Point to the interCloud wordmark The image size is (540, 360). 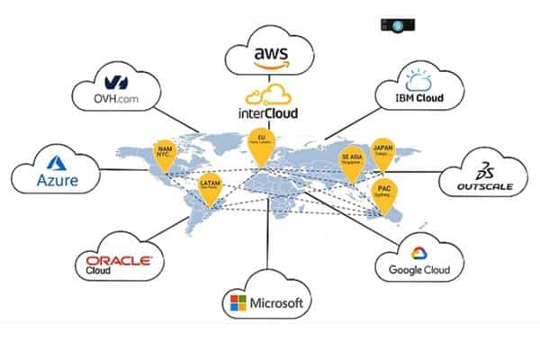268,114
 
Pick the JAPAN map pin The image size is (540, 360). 382,150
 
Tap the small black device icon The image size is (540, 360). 397,25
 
